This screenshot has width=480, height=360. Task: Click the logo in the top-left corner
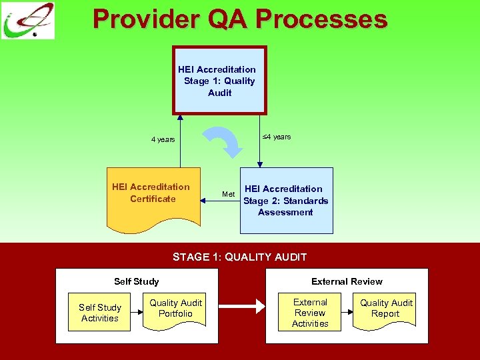click(28, 21)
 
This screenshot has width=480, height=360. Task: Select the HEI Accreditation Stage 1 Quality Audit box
click(219, 81)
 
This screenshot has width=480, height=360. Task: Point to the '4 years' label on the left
click(163, 139)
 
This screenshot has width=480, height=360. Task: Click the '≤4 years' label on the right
click(275, 137)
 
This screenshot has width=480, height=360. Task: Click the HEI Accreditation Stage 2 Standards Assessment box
click(286, 200)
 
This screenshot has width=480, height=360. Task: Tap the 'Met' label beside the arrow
click(228, 194)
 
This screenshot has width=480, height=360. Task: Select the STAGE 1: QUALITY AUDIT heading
click(239, 257)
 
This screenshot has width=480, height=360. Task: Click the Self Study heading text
click(136, 281)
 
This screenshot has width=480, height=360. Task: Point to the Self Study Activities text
click(100, 313)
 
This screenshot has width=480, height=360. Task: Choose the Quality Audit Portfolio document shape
click(175, 309)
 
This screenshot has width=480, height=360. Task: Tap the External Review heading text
click(347, 281)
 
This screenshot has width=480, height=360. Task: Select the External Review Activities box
click(310, 313)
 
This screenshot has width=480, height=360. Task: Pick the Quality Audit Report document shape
click(386, 309)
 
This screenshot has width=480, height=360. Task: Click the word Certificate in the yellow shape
click(153, 199)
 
